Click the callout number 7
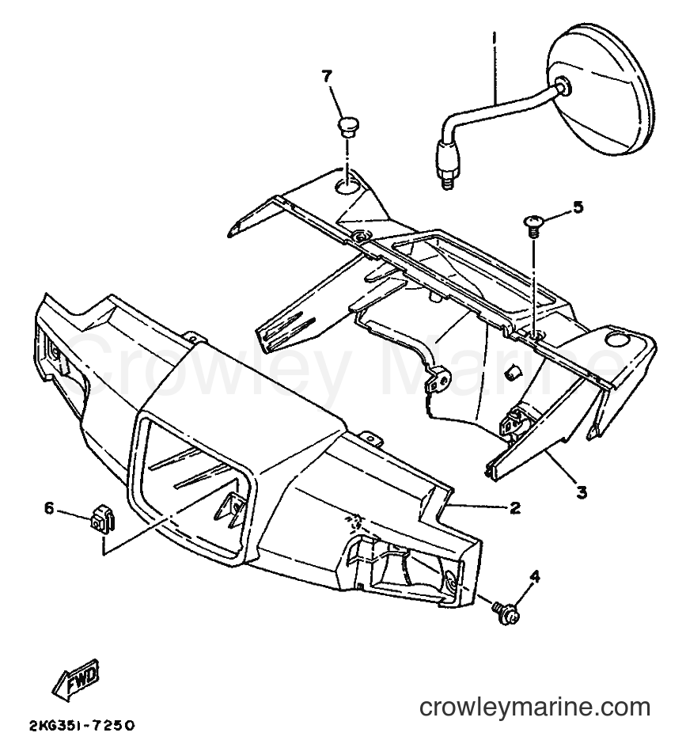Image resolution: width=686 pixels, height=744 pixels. click(x=328, y=76)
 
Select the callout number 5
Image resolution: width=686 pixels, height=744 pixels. click(x=578, y=207)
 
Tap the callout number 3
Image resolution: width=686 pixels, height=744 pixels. click(x=582, y=492)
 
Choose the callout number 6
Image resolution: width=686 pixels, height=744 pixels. click(x=50, y=508)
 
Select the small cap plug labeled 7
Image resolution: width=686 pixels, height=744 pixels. click(x=347, y=127)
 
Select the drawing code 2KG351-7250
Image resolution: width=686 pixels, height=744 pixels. click(x=81, y=726)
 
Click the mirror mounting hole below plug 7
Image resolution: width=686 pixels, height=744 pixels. click(x=347, y=186)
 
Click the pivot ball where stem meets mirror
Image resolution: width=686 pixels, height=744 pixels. click(x=563, y=86)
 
